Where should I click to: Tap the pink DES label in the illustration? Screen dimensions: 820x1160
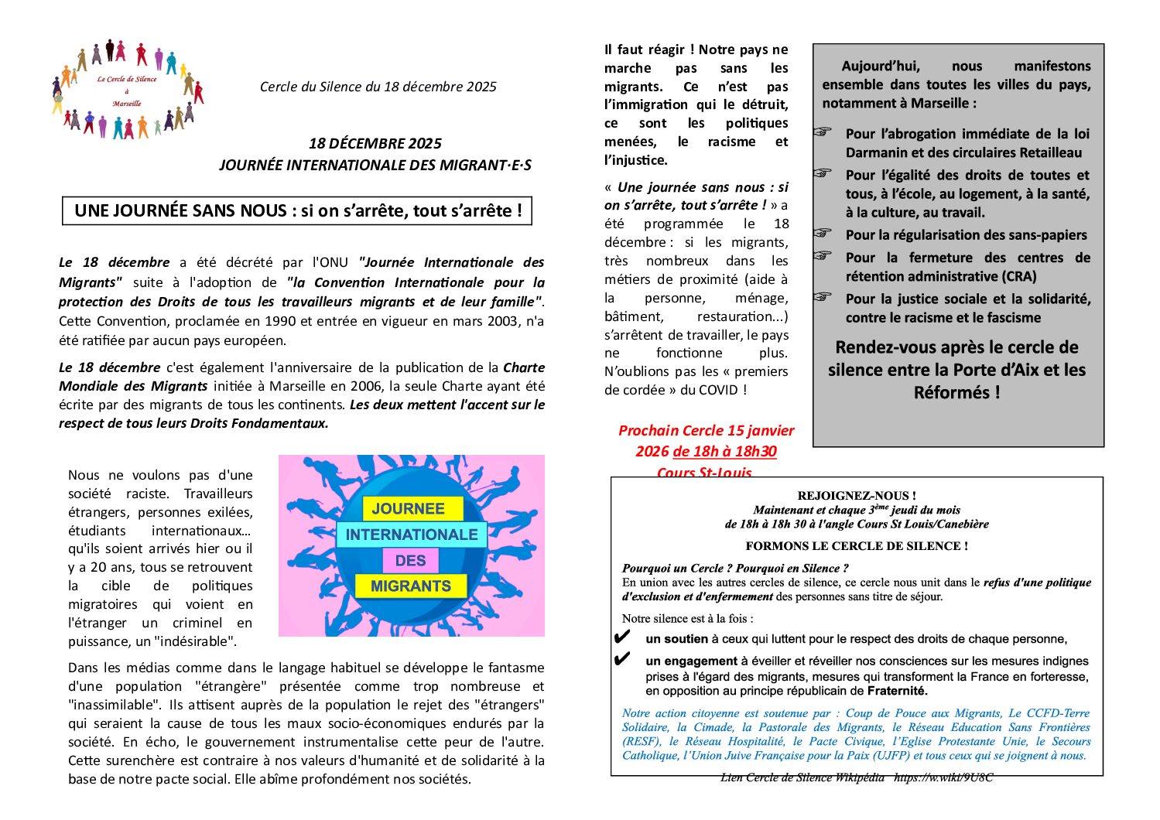point(410,560)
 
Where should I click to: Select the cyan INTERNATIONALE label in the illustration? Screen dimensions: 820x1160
point(411,535)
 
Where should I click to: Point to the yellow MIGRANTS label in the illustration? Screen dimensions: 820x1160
point(411,586)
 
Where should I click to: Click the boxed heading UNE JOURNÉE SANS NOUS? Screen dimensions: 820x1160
point(297,210)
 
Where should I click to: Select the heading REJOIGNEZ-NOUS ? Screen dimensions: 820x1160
point(857,496)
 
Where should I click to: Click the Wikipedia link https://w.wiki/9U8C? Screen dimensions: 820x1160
point(943,777)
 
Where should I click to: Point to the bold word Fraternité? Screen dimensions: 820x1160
point(897,691)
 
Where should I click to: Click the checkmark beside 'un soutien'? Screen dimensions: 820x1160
point(621,638)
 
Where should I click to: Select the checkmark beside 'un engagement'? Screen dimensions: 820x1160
point(621,660)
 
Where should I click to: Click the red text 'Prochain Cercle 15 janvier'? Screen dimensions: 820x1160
point(706,431)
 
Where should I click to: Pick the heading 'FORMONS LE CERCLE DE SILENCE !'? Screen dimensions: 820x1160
point(857,546)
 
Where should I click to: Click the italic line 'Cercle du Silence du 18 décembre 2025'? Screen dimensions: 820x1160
point(378,87)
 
